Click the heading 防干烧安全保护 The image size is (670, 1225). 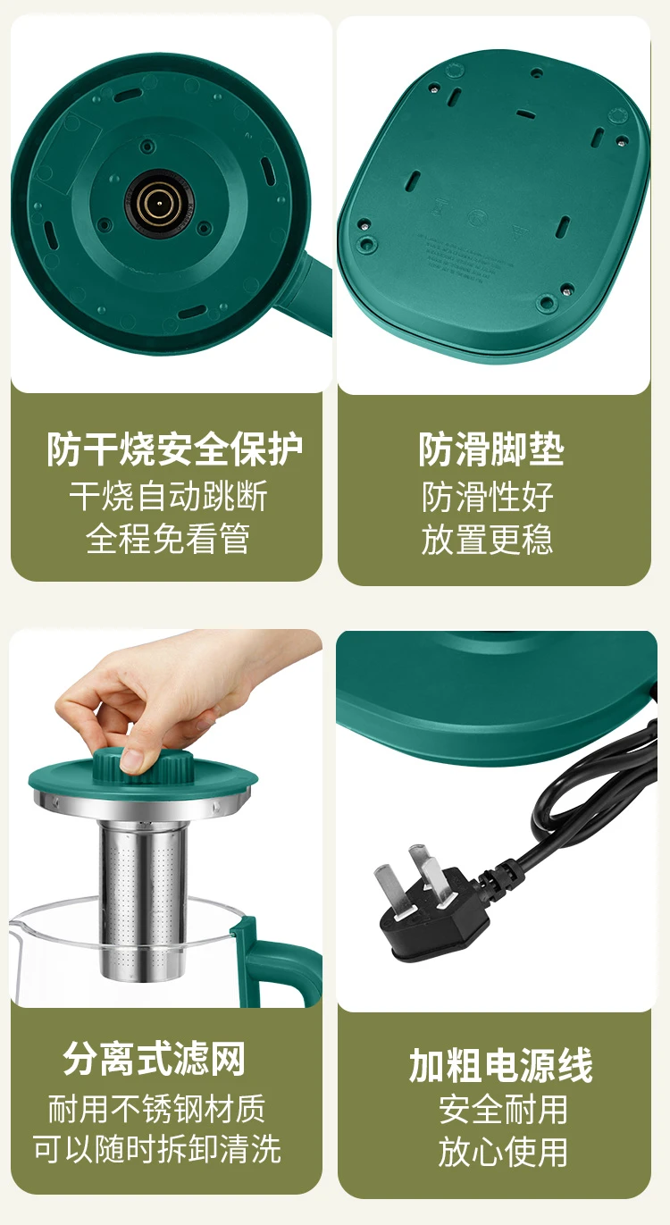pyautogui.click(x=174, y=449)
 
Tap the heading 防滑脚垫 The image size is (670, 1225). pyautogui.click(x=491, y=449)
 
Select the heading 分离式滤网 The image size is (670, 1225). pyautogui.click(x=155, y=1059)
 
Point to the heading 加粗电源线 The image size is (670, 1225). pyautogui.click(x=500, y=1065)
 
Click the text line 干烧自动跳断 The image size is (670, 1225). pyautogui.click(x=169, y=497)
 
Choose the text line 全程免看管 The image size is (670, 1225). pyautogui.click(x=168, y=539)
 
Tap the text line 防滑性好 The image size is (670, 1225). pyautogui.click(x=488, y=497)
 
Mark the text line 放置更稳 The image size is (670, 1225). pyautogui.click(x=488, y=539)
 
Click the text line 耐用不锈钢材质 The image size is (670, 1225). pyautogui.click(x=156, y=1109)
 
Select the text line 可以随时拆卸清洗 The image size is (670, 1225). pyautogui.click(x=157, y=1149)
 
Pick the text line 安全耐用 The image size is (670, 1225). pyautogui.click(x=503, y=1109)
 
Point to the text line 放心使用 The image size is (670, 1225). pyautogui.click(x=503, y=1151)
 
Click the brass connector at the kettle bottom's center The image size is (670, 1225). pyautogui.click(x=158, y=203)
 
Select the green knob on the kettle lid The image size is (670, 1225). pyautogui.click(x=143, y=765)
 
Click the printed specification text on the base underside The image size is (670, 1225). pyautogui.click(x=459, y=256)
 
